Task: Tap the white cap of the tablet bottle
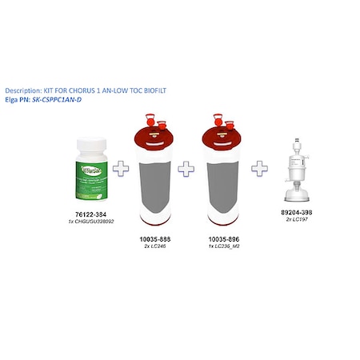(x=94, y=146)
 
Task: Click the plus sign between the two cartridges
(x=186, y=170)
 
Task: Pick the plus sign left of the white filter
(x=259, y=170)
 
